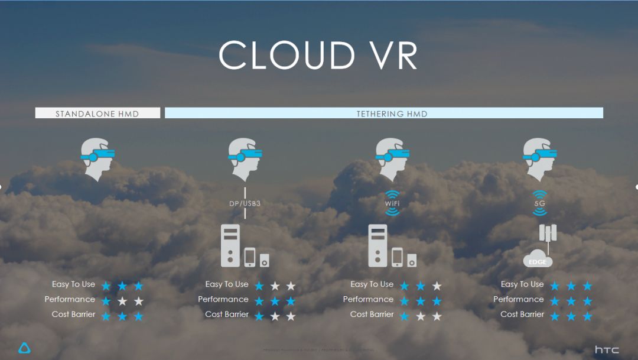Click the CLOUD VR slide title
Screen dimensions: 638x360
tap(318, 56)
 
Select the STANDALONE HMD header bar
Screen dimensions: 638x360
tap(97, 113)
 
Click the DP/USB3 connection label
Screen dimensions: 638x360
tap(245, 204)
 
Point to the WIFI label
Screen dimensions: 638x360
tap(392, 204)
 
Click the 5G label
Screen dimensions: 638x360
tap(540, 204)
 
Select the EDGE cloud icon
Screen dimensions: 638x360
tap(538, 259)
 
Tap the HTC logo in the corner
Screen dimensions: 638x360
tap(607, 349)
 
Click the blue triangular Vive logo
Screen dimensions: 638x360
tap(25, 348)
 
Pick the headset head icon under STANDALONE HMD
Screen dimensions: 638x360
tap(97, 158)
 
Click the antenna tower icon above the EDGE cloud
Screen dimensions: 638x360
tap(548, 234)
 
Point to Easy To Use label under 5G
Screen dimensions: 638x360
tap(522, 284)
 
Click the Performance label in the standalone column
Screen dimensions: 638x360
tap(70, 299)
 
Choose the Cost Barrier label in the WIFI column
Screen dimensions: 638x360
tap(372, 314)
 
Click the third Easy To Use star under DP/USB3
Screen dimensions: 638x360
tap(291, 286)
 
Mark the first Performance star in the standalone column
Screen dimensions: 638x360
tap(106, 301)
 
